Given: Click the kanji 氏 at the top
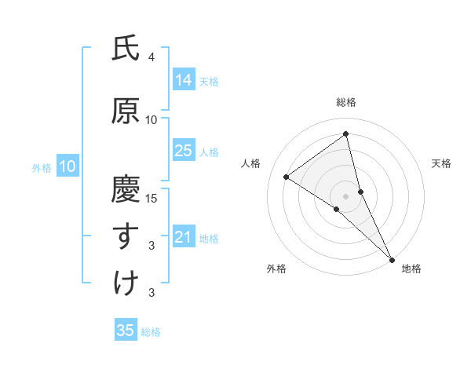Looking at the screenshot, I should pos(126,49).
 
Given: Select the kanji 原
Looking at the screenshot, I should pos(126,111).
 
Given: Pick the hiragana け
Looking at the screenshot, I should pos(126,283).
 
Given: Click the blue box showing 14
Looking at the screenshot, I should pos(183,80).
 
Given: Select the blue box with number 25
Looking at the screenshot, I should pos(183,151).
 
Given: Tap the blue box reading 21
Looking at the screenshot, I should pos(183,237).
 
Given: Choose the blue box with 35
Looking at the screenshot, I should pos(126,330).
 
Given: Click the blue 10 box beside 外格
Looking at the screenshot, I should pos(67,166).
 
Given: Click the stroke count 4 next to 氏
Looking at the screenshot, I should pos(152,57).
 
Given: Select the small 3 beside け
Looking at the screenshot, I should pos(152,293).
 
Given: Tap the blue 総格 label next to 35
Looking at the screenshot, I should pos(151,332).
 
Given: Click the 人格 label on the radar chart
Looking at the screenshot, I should pos(250,163).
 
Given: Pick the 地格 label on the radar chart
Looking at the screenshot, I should pos(411,269).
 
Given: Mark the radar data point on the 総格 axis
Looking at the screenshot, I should pos(345,133).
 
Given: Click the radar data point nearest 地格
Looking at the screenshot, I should pos(391,258).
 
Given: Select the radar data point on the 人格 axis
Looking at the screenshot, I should pos(287,177).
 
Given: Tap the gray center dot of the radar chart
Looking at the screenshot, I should pos(345,195).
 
